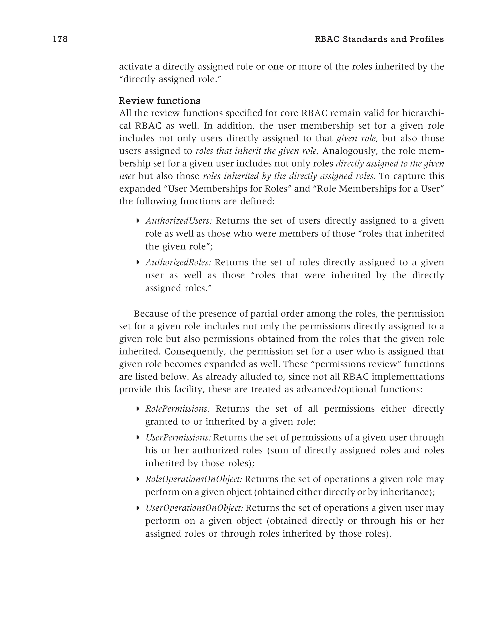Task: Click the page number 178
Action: coord(60,39)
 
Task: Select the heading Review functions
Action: coord(159,101)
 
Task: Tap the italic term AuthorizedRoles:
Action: coord(178,262)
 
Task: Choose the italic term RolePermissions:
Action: coord(178,409)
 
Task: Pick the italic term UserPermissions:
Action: coord(178,437)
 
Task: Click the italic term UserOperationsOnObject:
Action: coord(194,508)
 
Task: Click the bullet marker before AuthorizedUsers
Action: coord(138,221)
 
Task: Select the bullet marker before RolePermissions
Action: coord(138,409)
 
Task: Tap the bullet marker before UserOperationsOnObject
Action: coord(138,508)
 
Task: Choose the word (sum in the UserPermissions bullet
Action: coord(277,450)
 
